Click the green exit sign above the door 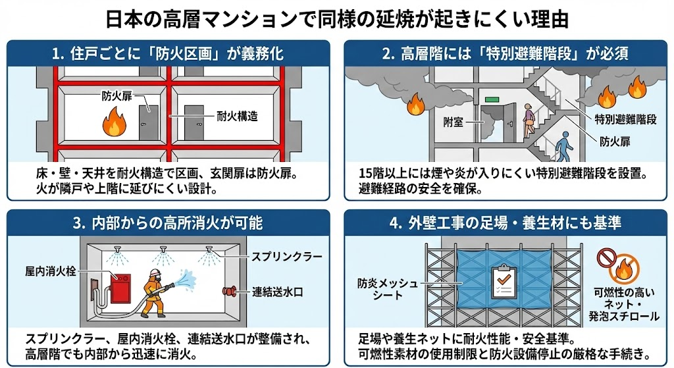pos(492,100)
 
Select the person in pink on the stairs pos(529,120)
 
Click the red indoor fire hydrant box pos(120,283)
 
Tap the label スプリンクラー pos(282,255)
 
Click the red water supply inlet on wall pos(232,290)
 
